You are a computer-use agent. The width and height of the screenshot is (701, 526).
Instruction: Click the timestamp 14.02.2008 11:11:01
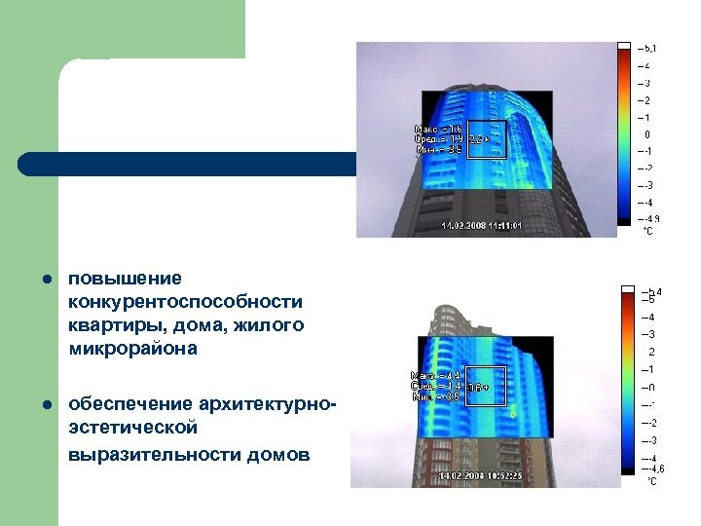click(x=482, y=226)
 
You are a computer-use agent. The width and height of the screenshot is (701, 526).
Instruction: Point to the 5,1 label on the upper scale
click(x=648, y=48)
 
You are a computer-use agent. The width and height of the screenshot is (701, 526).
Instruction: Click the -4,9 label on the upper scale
click(x=649, y=219)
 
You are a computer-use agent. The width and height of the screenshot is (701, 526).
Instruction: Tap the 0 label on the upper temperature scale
click(x=647, y=134)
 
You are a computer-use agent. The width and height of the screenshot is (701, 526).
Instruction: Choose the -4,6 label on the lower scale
click(x=651, y=470)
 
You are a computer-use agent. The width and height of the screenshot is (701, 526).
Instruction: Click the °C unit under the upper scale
click(x=647, y=232)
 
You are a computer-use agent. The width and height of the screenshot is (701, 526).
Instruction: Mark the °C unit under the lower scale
click(x=652, y=481)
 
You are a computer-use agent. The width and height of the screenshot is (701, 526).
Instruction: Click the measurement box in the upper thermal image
click(x=483, y=140)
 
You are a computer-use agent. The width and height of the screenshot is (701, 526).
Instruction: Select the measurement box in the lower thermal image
click(x=485, y=387)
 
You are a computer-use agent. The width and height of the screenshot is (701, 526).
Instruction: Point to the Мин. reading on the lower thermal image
click(x=429, y=396)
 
